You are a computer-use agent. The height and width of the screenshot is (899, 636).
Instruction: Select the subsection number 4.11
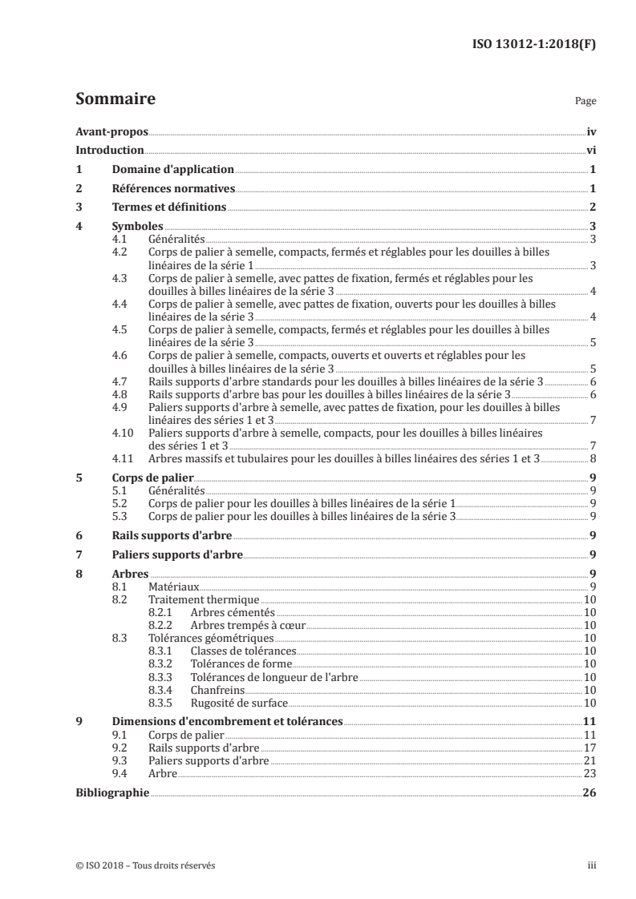point(123,458)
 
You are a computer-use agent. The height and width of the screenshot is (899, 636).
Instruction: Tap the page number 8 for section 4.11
point(592,458)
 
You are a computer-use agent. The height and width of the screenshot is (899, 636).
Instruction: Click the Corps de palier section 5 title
point(148,478)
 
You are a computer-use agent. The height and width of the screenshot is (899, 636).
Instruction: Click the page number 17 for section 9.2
point(589,747)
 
